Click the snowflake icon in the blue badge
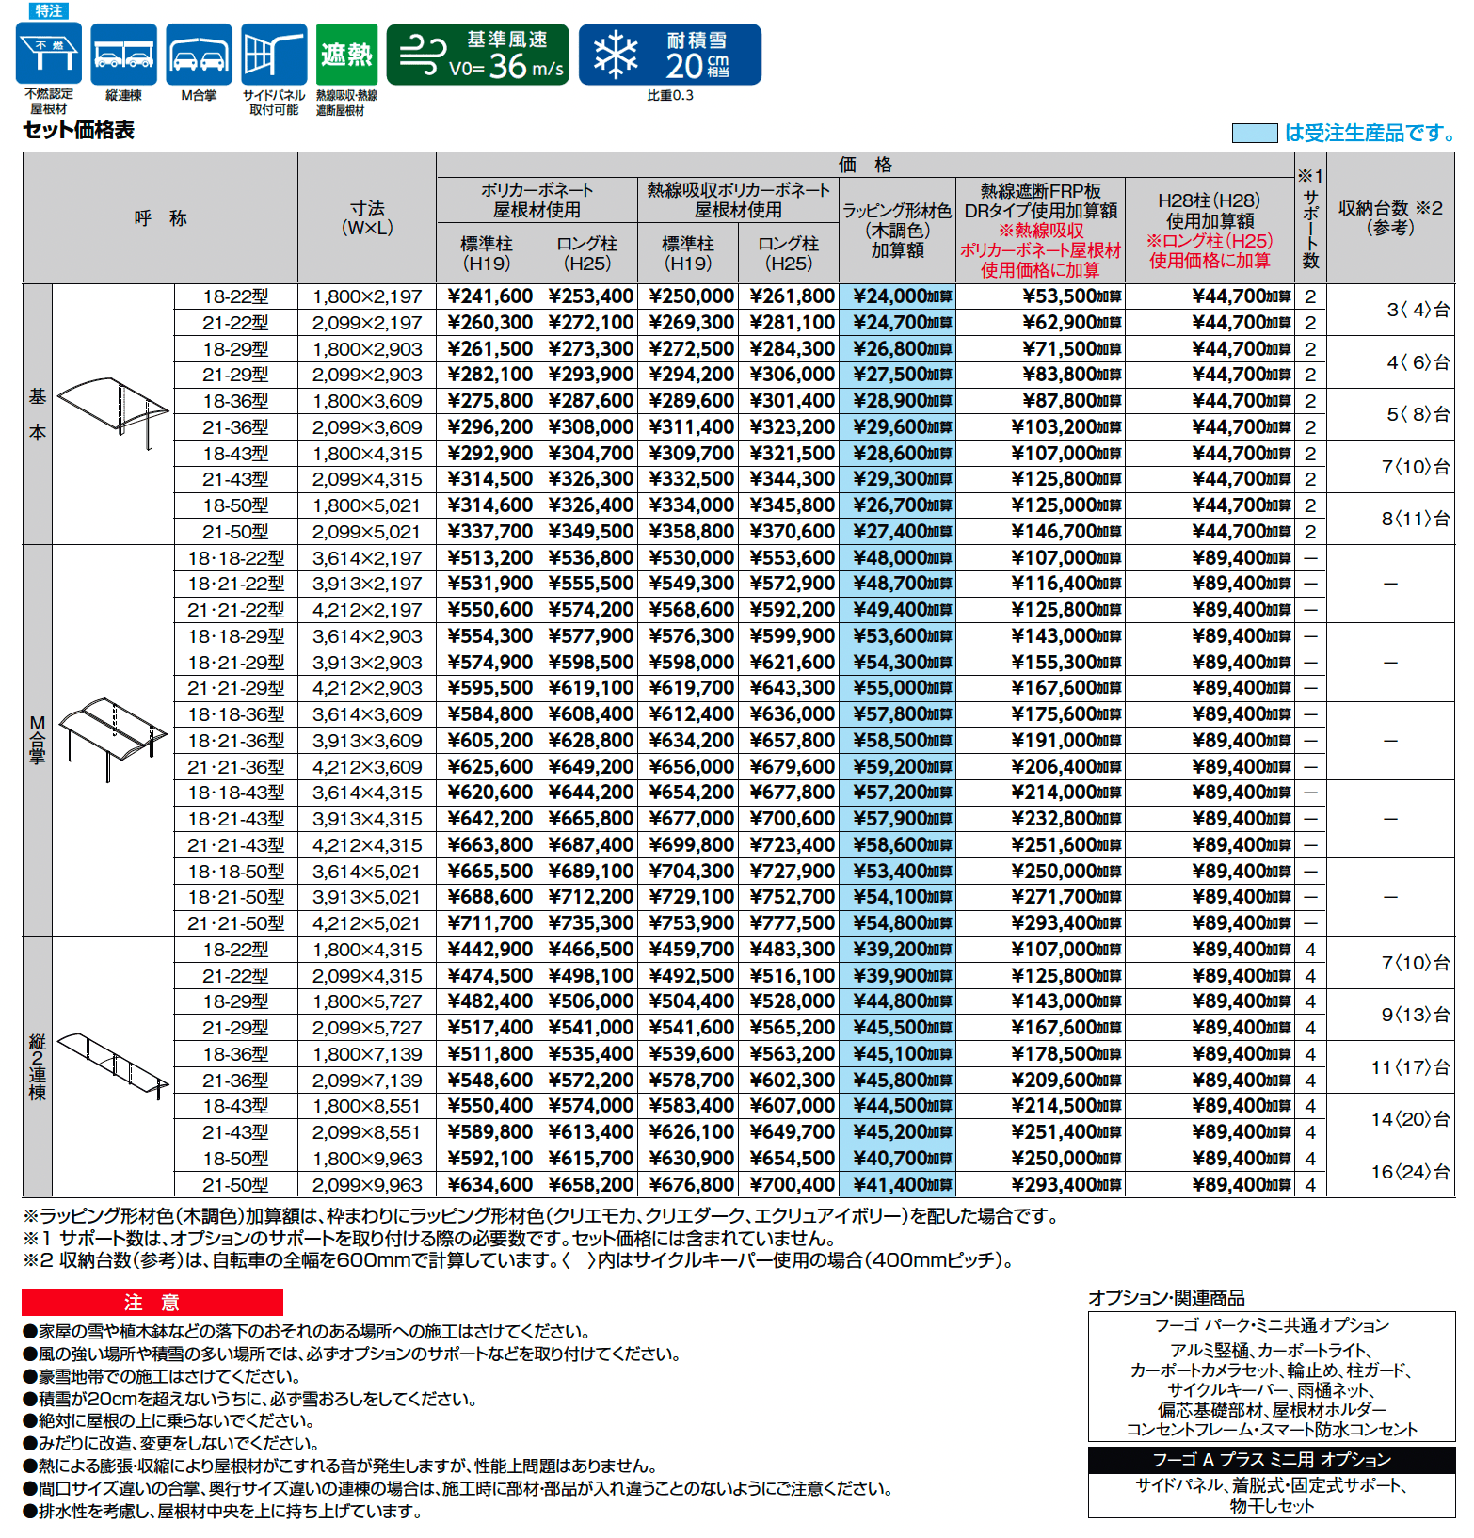(x=615, y=55)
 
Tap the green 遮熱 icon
(x=346, y=55)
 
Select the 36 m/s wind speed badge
(x=478, y=55)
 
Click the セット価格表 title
(x=79, y=130)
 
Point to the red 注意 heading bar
(x=152, y=1302)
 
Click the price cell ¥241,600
(x=489, y=296)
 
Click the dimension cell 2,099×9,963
(x=367, y=1185)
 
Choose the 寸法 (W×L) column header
(x=367, y=217)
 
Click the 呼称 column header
(x=160, y=218)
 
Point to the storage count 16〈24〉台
(x=1409, y=1172)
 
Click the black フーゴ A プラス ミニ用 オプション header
(x=1272, y=1460)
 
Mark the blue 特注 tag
(x=48, y=10)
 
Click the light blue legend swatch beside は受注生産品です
(x=1254, y=134)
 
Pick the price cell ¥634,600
(x=489, y=1185)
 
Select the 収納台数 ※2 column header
(x=1390, y=217)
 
